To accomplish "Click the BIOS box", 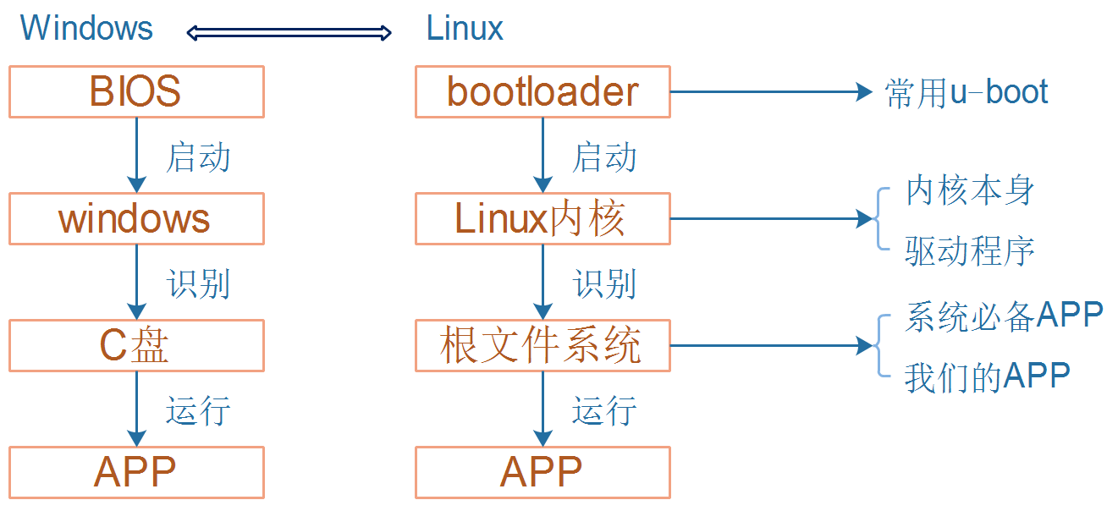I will pyautogui.click(x=136, y=91).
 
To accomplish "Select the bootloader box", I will pyautogui.click(x=542, y=91).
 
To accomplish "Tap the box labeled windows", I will pyautogui.click(x=136, y=218).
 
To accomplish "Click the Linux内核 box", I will pyautogui.click(x=542, y=218).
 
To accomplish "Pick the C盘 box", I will pyautogui.click(x=136, y=345).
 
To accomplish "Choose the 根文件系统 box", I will pyautogui.click(x=542, y=345).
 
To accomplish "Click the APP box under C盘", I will pyautogui.click(x=136, y=472).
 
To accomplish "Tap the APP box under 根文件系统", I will pyautogui.click(x=542, y=472).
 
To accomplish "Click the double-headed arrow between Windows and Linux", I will pyautogui.click(x=289, y=33).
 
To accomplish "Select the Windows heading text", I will pyautogui.click(x=86, y=28).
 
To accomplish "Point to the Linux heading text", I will pyautogui.click(x=465, y=29).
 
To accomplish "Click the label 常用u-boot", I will pyautogui.click(x=967, y=92).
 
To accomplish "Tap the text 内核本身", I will pyautogui.click(x=970, y=191).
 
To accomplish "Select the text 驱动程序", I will pyautogui.click(x=970, y=250).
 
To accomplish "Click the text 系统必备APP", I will pyautogui.click(x=1004, y=316).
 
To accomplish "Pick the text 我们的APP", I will pyautogui.click(x=987, y=376).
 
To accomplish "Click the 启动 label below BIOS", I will pyautogui.click(x=198, y=157).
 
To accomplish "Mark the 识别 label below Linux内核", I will pyautogui.click(x=604, y=284).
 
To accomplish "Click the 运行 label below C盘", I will pyautogui.click(x=198, y=411).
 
